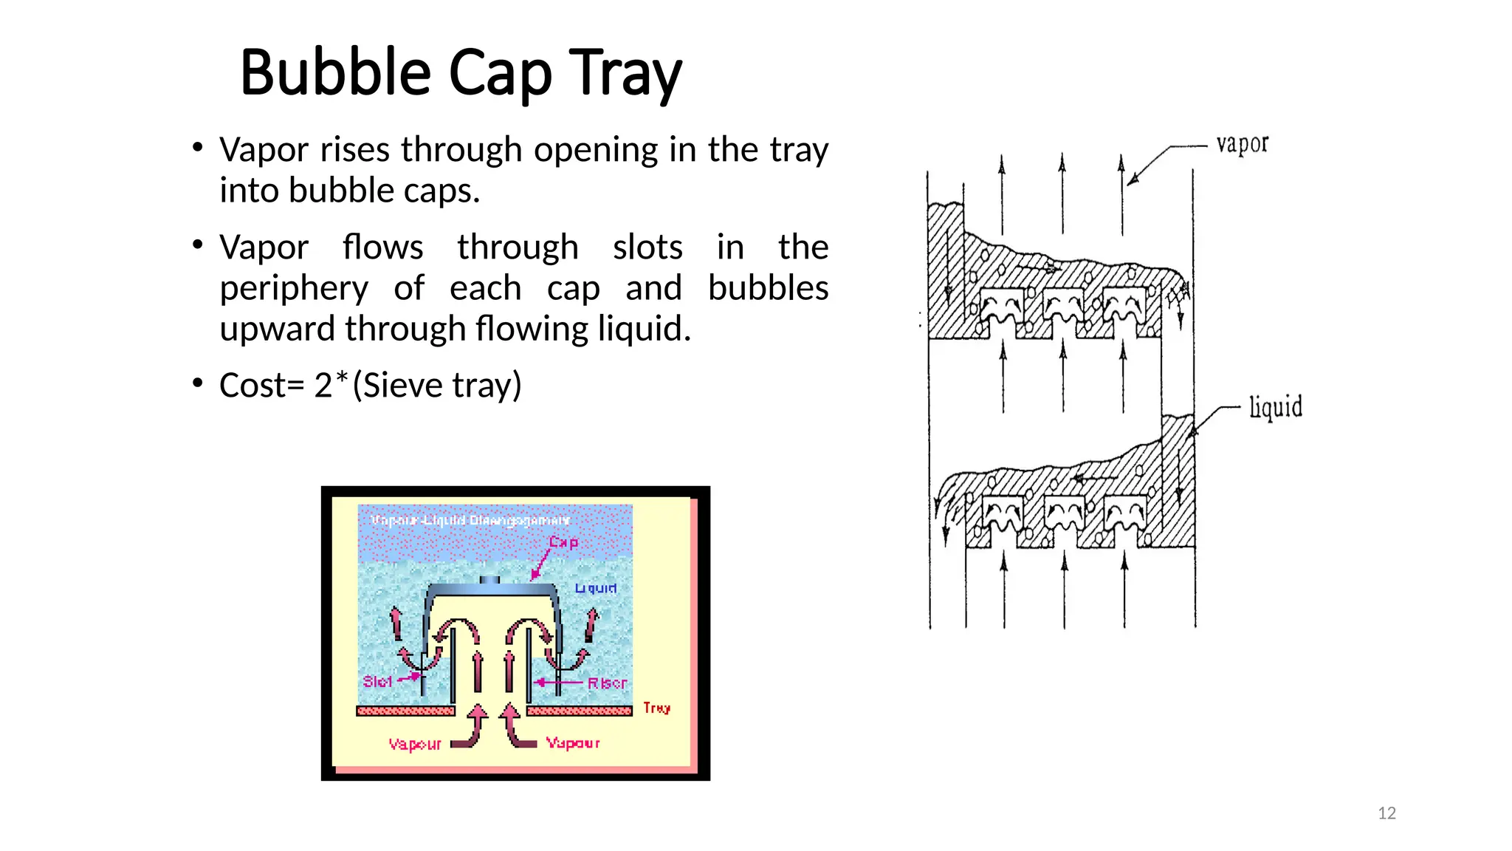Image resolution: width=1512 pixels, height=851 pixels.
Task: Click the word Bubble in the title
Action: (x=335, y=72)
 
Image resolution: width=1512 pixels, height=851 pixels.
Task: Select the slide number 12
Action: (x=1386, y=813)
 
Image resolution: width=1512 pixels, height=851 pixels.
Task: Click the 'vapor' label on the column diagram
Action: (x=1242, y=144)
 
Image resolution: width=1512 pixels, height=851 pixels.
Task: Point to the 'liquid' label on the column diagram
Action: (x=1275, y=407)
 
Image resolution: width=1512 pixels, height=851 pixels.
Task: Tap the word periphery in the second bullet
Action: (x=294, y=288)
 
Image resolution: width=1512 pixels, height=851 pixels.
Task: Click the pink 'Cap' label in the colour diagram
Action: (x=563, y=542)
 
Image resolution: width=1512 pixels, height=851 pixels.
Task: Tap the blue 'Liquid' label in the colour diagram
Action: (x=596, y=588)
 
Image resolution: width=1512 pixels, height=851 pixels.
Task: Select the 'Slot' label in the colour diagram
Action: (x=377, y=681)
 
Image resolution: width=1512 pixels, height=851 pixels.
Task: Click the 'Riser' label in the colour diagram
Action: (x=607, y=683)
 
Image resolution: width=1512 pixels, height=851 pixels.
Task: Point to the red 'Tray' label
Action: (x=656, y=708)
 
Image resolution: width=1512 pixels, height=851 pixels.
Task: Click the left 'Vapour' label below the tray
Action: (x=415, y=744)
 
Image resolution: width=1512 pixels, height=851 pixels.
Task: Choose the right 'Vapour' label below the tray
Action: (x=573, y=742)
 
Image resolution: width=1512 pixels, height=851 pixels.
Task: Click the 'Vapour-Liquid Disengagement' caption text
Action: (x=470, y=520)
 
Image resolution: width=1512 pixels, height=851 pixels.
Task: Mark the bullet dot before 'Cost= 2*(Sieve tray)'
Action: (x=197, y=383)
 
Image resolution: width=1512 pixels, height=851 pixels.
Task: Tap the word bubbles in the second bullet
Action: (x=768, y=288)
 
